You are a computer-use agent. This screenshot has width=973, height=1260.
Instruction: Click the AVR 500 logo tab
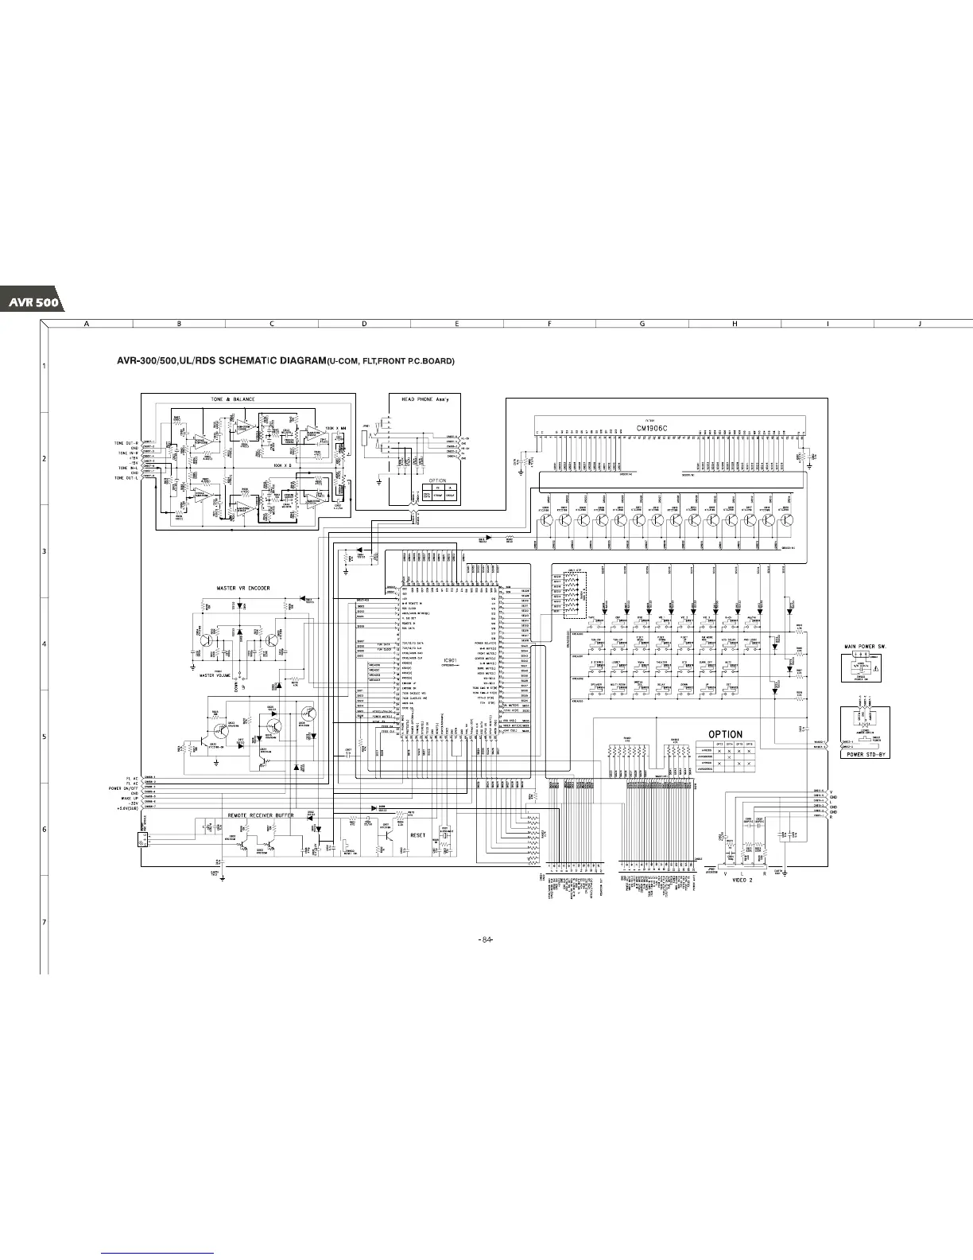pos(30,303)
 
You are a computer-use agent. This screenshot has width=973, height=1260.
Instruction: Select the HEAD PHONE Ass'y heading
pos(424,399)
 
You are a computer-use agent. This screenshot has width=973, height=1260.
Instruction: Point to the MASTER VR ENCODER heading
pos(243,589)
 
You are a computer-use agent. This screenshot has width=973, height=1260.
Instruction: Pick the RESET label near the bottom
pos(418,835)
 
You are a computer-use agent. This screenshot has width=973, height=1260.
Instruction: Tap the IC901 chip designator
pos(451,660)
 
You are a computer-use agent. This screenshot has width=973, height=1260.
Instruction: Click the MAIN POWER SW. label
pos(865,647)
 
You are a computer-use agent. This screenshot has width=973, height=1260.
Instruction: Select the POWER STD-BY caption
pos(865,754)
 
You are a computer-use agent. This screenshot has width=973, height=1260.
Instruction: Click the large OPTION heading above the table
pos(725,734)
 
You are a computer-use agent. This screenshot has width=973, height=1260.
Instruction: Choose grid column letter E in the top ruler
pos(457,324)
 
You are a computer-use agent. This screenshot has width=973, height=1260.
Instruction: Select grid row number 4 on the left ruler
pos(44,644)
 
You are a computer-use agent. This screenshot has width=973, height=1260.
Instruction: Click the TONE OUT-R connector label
pos(126,442)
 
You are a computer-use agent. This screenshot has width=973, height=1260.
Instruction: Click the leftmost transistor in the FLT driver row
pos(546,520)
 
